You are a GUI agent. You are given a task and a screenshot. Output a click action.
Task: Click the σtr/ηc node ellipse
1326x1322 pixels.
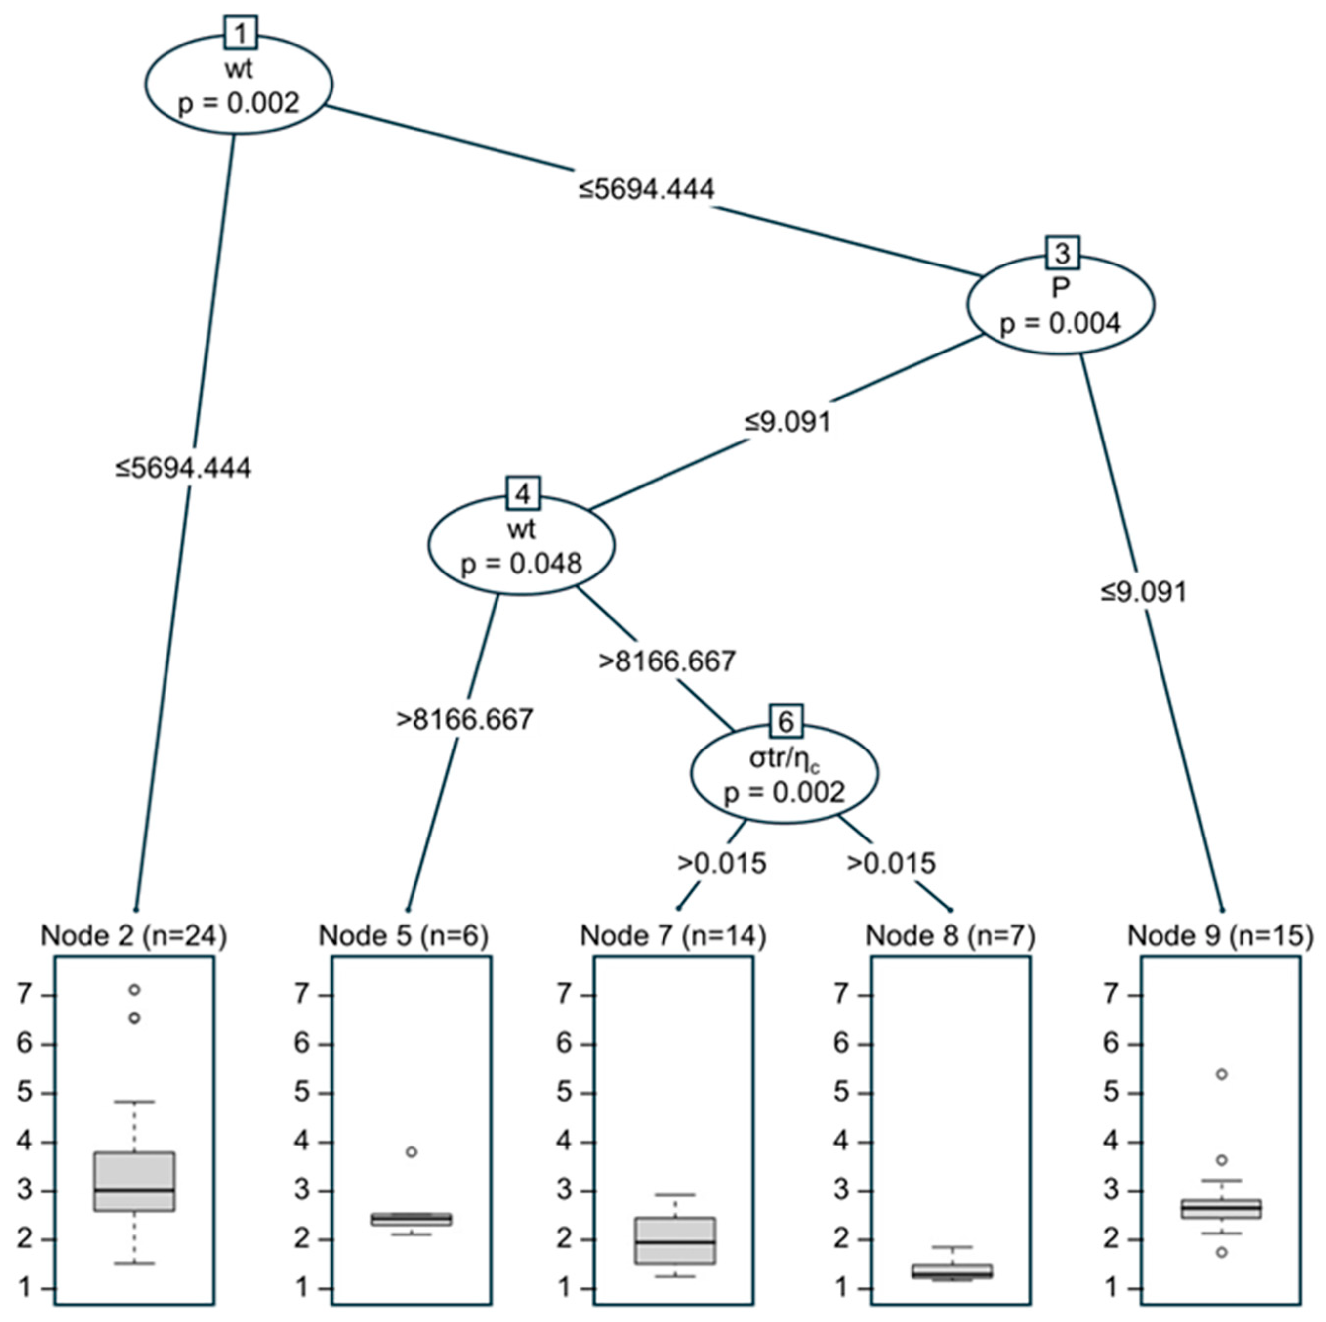(785, 774)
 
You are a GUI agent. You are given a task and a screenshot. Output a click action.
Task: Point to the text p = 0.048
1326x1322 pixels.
(522, 564)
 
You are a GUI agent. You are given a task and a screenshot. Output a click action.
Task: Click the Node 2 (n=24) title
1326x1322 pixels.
(134, 936)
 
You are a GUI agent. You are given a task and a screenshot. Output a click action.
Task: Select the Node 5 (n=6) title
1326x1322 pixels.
(404, 936)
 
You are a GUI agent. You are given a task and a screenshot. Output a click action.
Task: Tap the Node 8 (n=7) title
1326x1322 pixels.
(950, 936)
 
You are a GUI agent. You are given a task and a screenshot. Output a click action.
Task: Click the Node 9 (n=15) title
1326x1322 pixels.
(1220, 936)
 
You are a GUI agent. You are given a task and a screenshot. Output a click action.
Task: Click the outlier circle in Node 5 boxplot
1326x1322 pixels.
(411, 1152)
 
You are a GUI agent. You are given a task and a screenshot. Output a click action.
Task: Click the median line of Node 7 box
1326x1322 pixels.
(675, 1241)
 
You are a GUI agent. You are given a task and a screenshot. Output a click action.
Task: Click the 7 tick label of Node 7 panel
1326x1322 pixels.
(564, 994)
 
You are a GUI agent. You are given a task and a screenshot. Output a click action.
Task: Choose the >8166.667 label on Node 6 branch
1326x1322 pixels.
(667, 661)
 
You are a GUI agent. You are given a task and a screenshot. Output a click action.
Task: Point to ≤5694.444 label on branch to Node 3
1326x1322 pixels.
(647, 189)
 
